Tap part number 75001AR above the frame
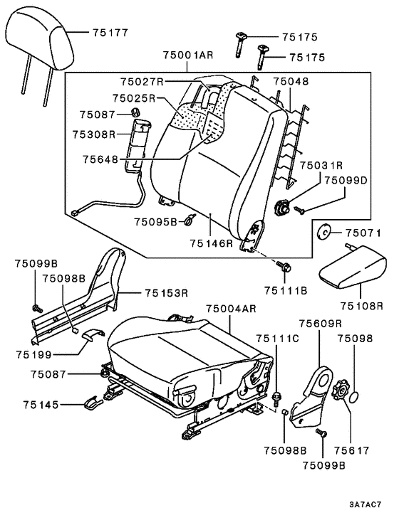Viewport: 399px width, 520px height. pyautogui.click(x=187, y=55)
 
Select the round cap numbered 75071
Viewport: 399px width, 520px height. pyautogui.click(x=323, y=232)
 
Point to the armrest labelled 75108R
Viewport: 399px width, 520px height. pyautogui.click(x=352, y=267)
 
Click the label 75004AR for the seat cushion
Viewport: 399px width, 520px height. pyautogui.click(x=232, y=309)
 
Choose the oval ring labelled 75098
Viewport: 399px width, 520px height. pyautogui.click(x=355, y=397)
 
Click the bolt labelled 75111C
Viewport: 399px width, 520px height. pyautogui.click(x=276, y=398)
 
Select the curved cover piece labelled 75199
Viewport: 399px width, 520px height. pyautogui.click(x=93, y=334)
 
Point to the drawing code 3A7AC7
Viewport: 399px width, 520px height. pyautogui.click(x=365, y=505)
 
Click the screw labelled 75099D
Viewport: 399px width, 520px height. pyautogui.click(x=299, y=210)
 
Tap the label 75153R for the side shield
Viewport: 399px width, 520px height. pyautogui.click(x=167, y=293)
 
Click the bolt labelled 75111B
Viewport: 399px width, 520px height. pyautogui.click(x=284, y=265)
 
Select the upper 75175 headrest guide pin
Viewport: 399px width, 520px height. pyautogui.click(x=240, y=44)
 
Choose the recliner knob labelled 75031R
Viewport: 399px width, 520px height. pyautogui.click(x=281, y=208)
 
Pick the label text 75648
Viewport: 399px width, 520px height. pyautogui.click(x=100, y=159)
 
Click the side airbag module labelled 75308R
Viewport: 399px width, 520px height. pyautogui.click(x=138, y=145)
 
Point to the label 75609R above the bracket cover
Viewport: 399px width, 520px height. pyautogui.click(x=321, y=324)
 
